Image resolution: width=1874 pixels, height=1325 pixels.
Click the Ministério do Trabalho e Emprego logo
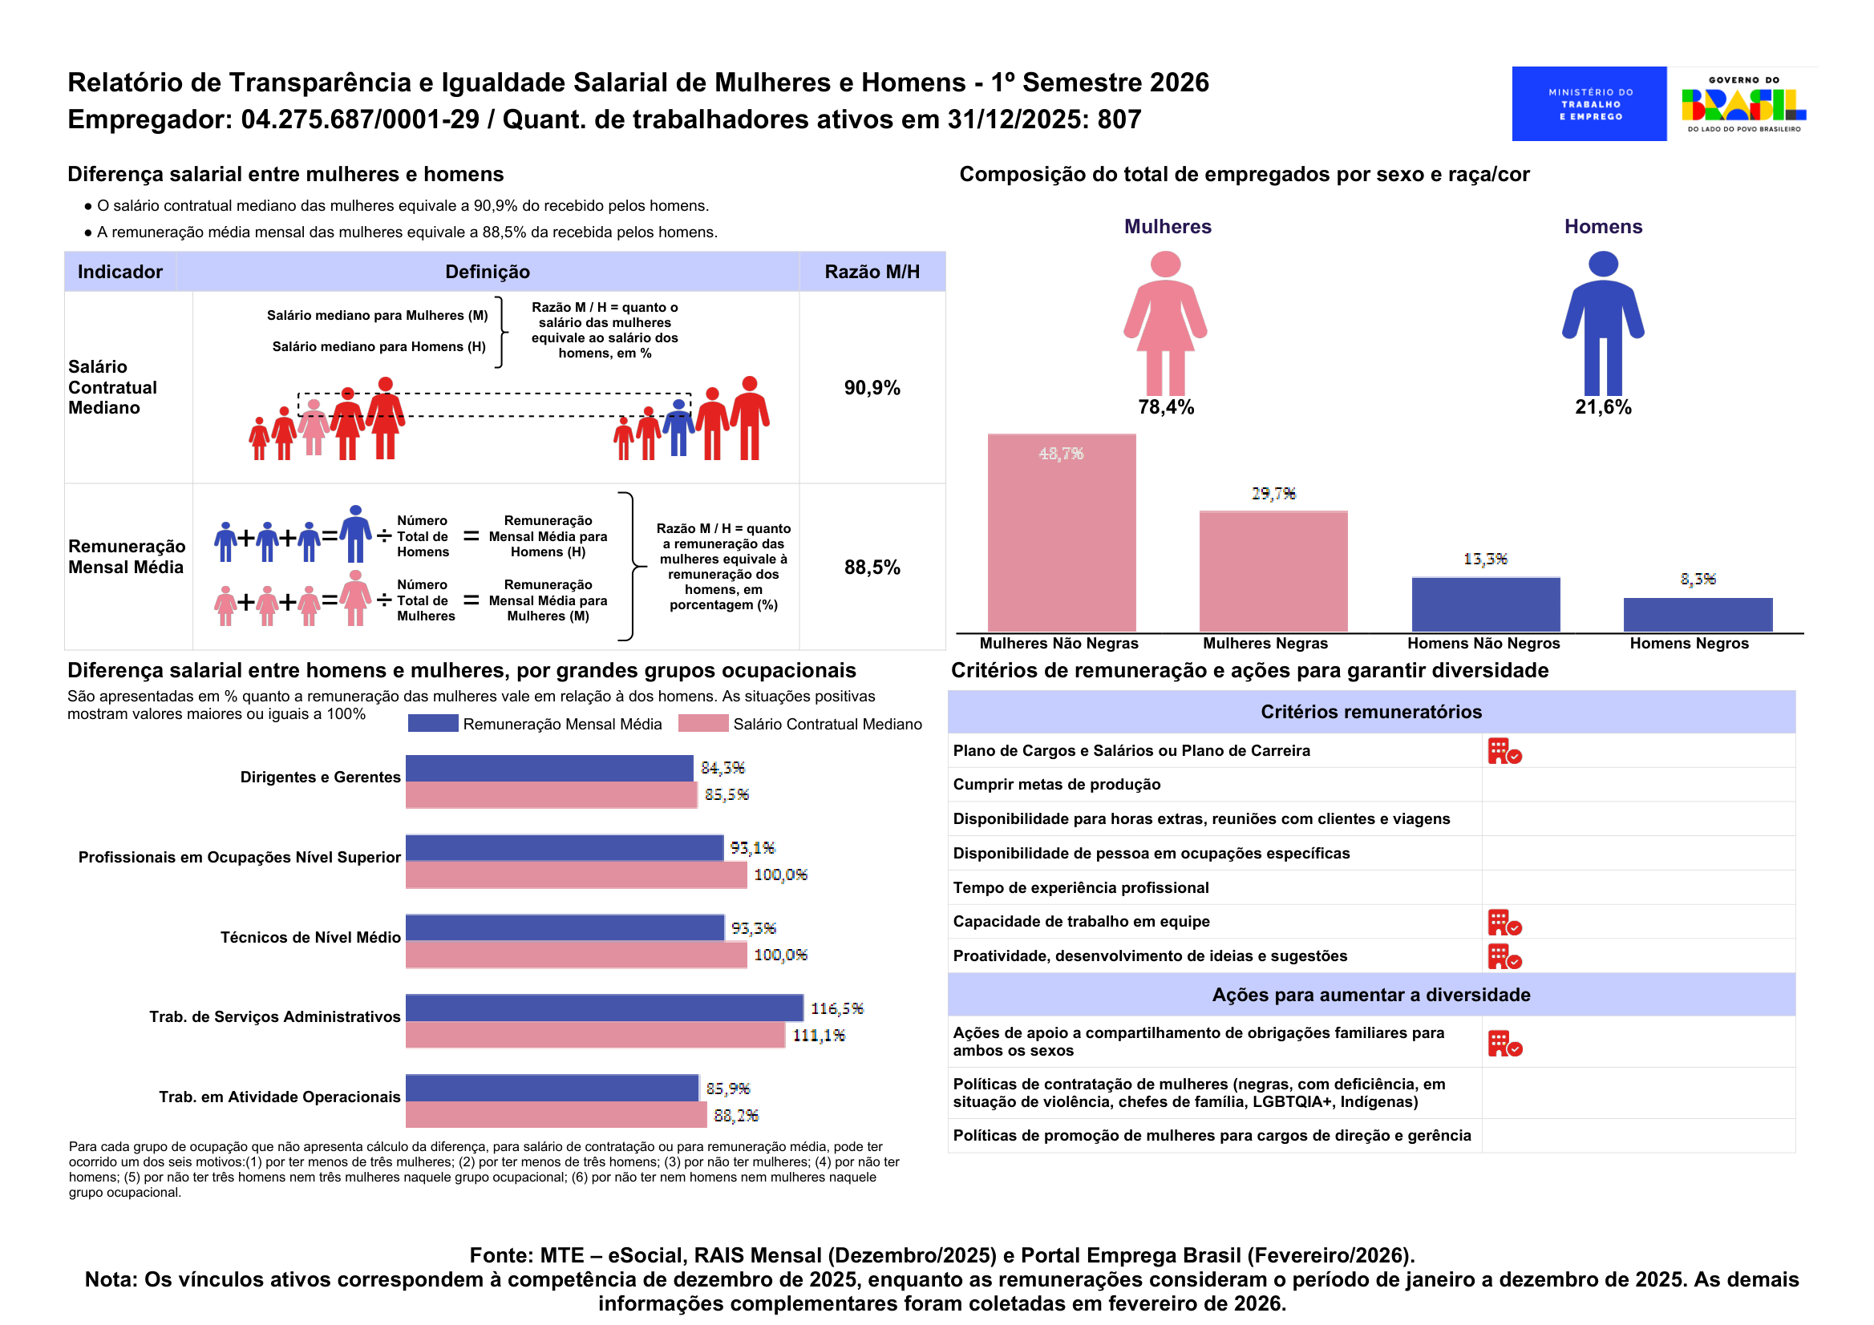1589,103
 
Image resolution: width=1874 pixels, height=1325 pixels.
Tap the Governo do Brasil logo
1743,103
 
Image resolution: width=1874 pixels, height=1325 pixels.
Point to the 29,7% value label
1273,494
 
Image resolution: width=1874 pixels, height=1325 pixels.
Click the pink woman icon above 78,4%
1164,323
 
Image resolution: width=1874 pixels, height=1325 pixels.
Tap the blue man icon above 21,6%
1602,323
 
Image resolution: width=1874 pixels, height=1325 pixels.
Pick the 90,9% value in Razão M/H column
872,387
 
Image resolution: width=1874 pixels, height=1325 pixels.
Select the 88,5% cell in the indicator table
872,567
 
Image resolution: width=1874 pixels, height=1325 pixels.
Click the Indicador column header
120,272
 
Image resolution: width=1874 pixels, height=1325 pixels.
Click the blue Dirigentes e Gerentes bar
549,768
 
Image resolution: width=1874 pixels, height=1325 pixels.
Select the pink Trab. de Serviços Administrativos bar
595,1035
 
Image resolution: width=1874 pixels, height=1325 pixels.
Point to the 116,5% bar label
836,1008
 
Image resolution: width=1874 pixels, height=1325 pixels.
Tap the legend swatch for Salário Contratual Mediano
702,724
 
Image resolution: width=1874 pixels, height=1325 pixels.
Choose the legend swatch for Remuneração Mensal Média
432,724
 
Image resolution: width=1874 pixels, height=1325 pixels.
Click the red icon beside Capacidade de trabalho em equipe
1504,923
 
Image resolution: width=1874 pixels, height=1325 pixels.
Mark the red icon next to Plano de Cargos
1504,751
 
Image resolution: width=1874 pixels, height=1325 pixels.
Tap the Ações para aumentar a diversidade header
1370,995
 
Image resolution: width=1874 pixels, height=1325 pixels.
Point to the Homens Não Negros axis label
1483,643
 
